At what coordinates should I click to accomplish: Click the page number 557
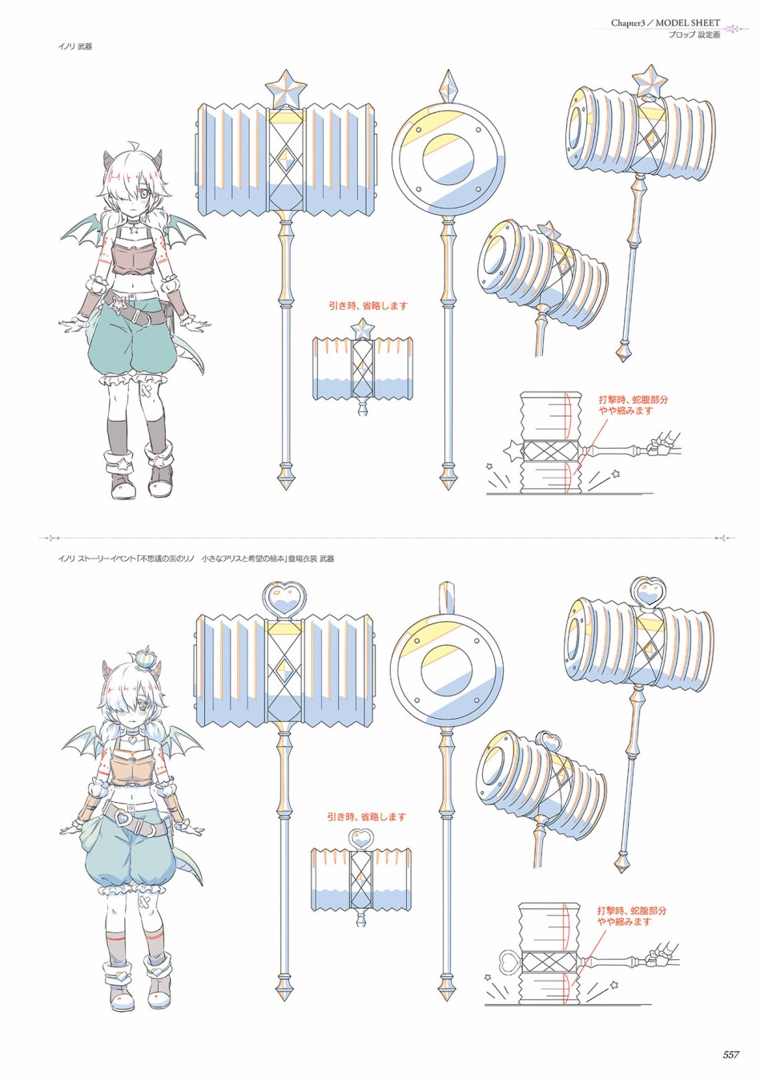tap(730, 1055)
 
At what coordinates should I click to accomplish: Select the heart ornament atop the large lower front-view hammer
tap(284, 599)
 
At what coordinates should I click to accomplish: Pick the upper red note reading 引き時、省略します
tap(368, 306)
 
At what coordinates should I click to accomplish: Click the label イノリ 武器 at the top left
tap(75, 47)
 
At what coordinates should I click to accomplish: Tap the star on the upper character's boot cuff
tap(123, 463)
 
